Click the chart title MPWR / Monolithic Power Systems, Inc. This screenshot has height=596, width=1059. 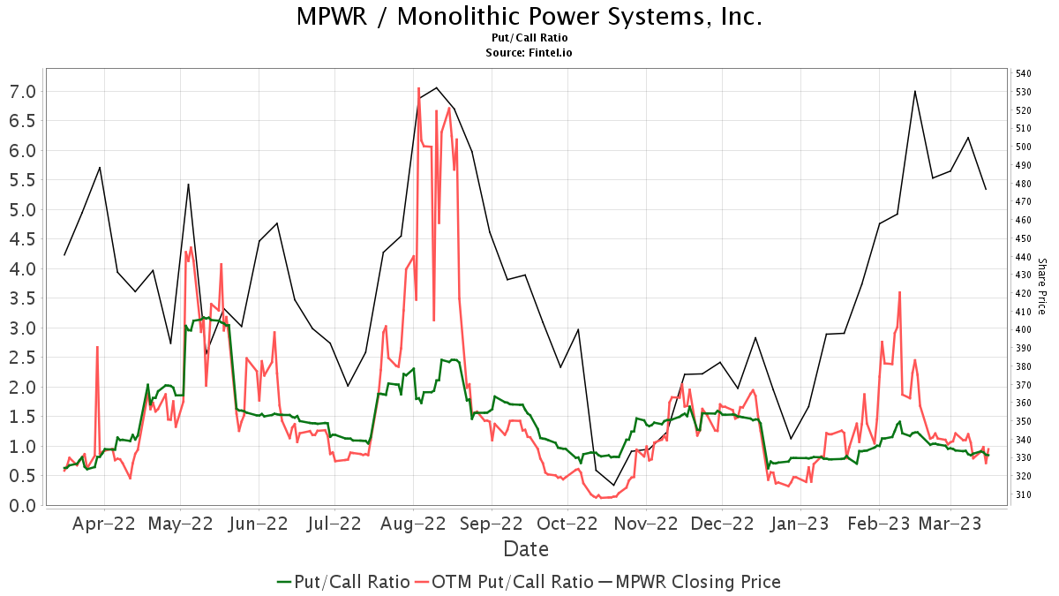point(529,17)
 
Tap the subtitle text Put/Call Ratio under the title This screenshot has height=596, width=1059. point(529,38)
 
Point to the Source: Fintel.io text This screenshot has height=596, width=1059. point(529,52)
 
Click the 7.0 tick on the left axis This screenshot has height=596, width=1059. point(22,92)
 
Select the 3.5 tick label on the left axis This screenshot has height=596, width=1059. point(22,298)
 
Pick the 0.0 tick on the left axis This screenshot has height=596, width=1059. point(22,505)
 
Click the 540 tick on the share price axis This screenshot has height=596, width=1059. point(1024,73)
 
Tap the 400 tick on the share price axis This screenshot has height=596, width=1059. point(1024,329)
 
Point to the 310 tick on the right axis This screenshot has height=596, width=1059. point(1024,494)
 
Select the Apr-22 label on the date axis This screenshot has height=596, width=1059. point(104,524)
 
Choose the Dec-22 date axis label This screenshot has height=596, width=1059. point(722,524)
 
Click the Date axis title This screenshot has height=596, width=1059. point(526,549)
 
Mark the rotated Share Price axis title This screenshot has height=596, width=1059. point(1041,286)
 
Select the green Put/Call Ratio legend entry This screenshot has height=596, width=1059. point(343,582)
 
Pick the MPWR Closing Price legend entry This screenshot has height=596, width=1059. point(689,582)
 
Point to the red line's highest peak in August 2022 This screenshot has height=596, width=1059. point(418,88)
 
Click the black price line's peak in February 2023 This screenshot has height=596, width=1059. point(914,91)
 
